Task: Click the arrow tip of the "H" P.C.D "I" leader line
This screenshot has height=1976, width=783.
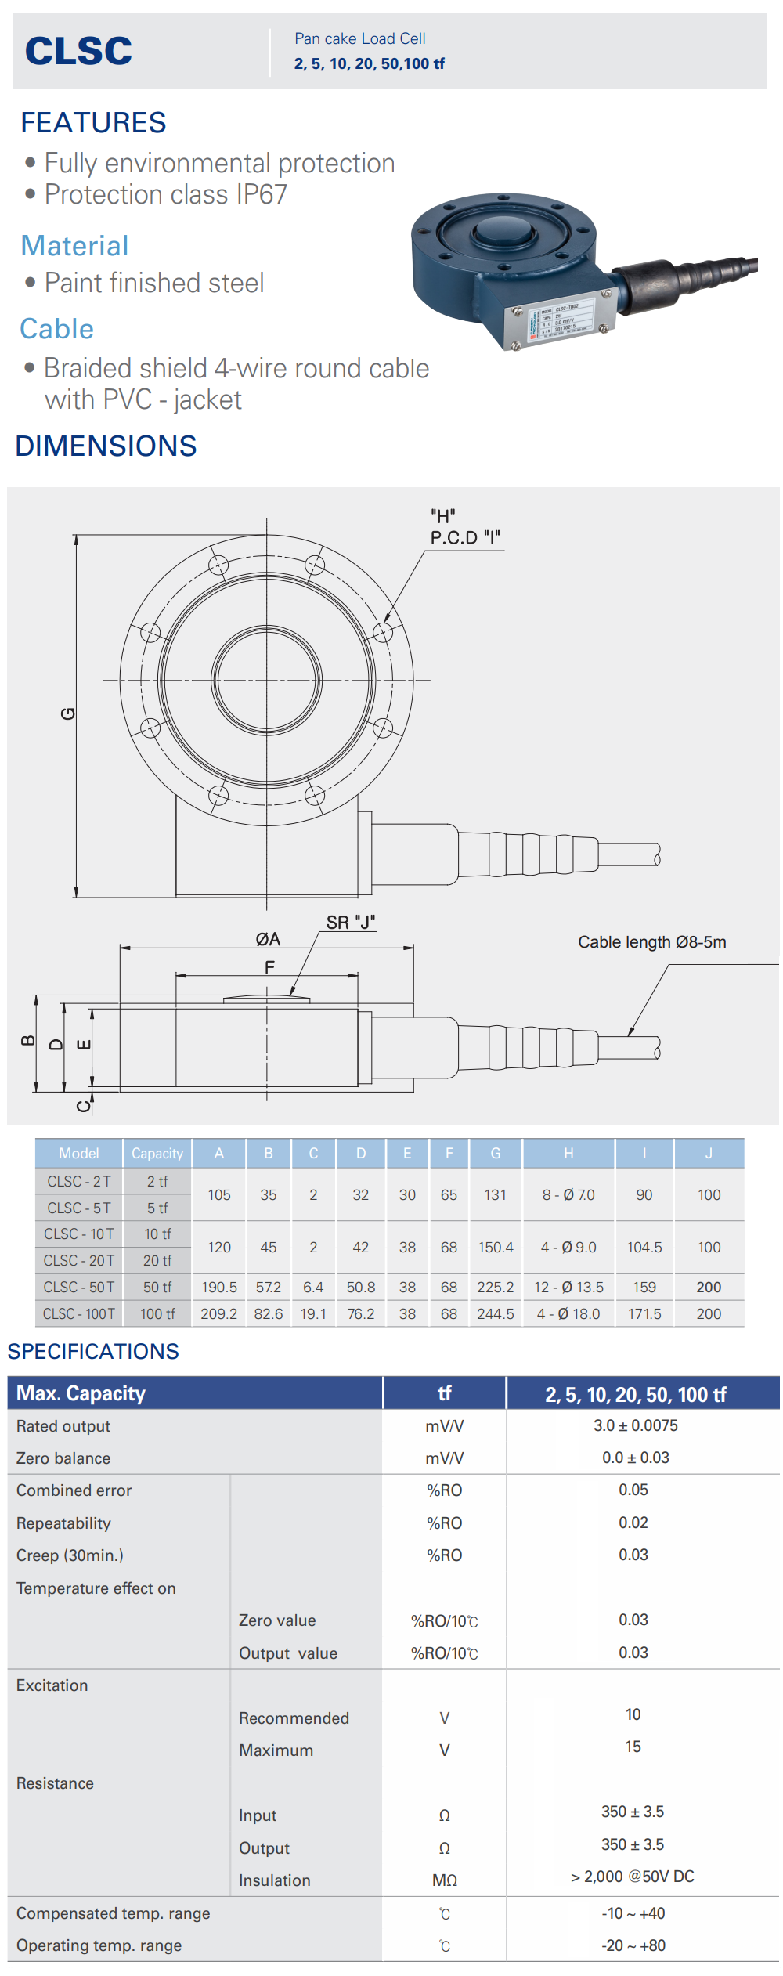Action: [384, 623]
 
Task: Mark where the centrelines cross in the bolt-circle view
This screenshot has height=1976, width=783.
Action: [267, 680]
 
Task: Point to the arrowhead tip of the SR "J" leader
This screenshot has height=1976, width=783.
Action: [291, 995]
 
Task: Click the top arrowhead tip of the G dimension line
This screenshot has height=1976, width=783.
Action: [76, 536]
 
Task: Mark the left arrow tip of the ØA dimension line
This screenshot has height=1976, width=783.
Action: [120, 948]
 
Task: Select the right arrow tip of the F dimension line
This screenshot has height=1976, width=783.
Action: [358, 976]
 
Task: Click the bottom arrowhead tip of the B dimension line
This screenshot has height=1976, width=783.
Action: [35, 1091]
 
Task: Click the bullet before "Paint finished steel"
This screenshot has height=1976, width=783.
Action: [31, 282]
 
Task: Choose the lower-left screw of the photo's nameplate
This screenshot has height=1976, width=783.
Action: [515, 345]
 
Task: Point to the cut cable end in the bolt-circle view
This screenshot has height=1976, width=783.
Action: [656, 854]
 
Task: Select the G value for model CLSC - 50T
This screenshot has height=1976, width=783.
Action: [496, 1287]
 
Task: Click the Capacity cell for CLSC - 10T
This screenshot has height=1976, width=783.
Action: [157, 1234]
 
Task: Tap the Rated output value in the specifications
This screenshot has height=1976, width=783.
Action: [635, 1425]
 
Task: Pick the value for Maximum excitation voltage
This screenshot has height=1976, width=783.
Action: [633, 1747]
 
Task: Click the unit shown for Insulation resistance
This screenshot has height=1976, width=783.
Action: [445, 1880]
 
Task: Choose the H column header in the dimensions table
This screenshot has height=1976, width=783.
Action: [568, 1153]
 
